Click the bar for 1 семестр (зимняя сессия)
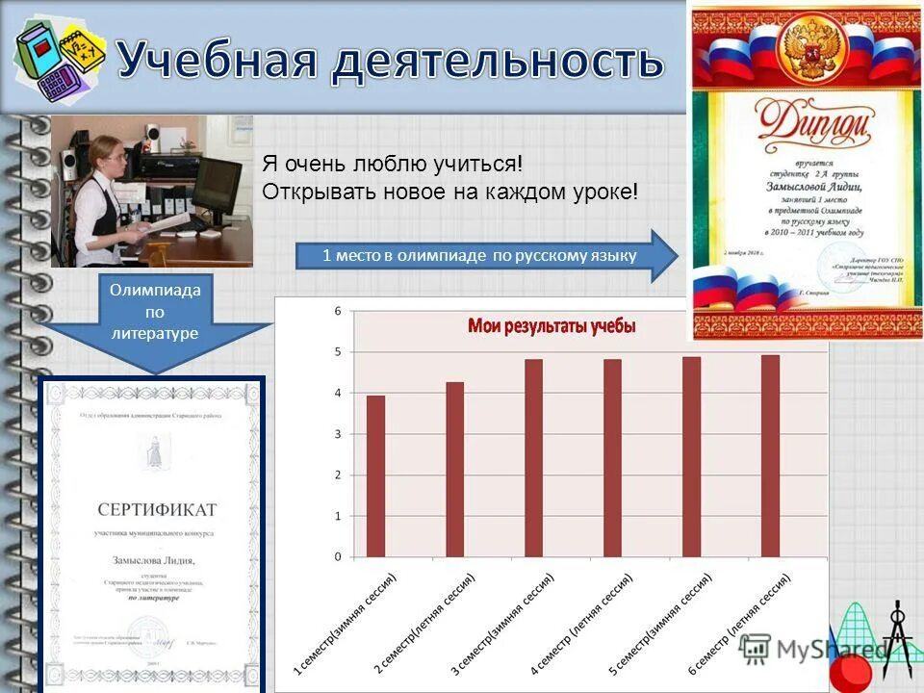(x=375, y=476)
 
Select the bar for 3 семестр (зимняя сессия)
(x=533, y=458)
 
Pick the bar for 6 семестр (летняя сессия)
(x=770, y=456)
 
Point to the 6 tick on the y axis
(x=338, y=311)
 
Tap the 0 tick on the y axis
(x=338, y=557)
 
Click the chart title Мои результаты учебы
(x=552, y=327)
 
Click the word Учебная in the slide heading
(x=218, y=61)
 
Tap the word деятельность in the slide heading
(x=498, y=61)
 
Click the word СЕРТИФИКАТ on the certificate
(x=157, y=509)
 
